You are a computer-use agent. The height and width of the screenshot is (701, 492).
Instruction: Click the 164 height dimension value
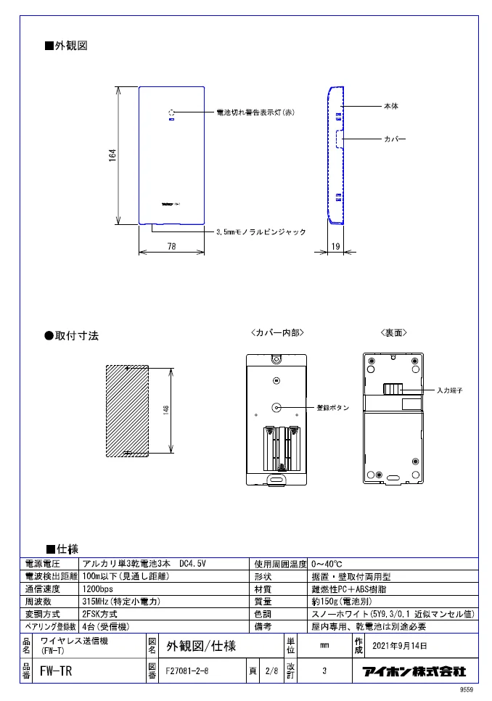click(x=112, y=155)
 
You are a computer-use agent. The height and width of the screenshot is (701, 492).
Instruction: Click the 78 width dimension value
click(x=171, y=247)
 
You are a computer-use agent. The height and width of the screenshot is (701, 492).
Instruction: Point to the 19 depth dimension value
click(x=335, y=247)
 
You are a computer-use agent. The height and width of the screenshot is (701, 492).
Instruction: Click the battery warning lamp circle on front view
click(x=172, y=113)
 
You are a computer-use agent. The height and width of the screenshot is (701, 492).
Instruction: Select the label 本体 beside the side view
click(x=390, y=107)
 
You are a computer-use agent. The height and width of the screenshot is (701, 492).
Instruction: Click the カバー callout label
click(x=394, y=138)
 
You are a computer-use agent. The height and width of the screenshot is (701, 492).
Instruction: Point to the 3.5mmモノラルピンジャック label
click(x=261, y=232)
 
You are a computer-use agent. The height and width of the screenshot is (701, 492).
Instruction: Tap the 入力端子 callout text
click(x=449, y=390)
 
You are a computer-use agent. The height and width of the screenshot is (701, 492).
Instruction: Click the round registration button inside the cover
click(x=276, y=407)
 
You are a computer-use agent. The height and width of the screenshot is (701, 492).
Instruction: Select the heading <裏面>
click(x=394, y=332)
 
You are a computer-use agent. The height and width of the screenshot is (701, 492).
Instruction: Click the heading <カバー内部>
click(x=276, y=332)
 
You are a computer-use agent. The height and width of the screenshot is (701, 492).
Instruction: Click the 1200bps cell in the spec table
click(x=99, y=589)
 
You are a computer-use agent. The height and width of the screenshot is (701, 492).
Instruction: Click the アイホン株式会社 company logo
click(x=414, y=671)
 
